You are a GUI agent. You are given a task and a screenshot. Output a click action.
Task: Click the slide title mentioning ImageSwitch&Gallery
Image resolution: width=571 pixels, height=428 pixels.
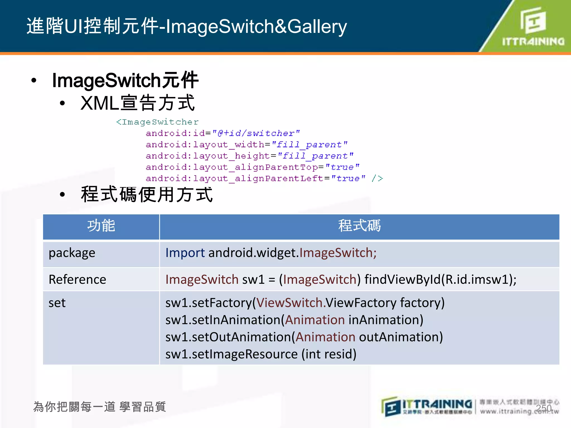tap(187, 26)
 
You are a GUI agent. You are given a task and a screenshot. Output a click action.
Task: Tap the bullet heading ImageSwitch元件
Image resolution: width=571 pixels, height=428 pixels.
tap(125, 80)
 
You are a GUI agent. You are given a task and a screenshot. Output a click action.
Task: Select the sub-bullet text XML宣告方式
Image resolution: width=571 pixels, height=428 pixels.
tap(137, 103)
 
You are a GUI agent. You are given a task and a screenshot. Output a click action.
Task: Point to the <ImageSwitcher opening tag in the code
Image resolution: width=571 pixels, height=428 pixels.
tap(157, 122)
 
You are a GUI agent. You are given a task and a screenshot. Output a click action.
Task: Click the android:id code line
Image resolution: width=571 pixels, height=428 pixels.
tap(222, 133)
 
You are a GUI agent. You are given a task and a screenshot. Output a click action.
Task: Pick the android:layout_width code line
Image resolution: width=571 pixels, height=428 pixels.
tap(246, 145)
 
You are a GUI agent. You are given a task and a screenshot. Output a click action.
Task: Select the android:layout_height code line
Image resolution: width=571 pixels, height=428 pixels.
tap(250, 156)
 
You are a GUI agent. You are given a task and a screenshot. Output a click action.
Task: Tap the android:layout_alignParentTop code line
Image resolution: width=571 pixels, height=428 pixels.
tap(253, 167)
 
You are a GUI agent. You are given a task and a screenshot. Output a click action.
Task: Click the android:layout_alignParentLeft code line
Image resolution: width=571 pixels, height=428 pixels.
tap(264, 178)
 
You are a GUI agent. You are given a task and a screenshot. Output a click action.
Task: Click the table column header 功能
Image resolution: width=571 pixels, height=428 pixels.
tap(101, 226)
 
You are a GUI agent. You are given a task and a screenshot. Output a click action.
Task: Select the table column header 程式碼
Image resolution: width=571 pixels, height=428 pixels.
tap(359, 226)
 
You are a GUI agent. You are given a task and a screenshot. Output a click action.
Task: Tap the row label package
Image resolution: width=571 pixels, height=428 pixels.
tap(72, 253)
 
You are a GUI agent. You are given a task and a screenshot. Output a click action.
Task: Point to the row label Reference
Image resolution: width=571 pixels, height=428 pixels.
tap(77, 279)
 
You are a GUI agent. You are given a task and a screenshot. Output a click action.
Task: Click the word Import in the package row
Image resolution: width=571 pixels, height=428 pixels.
tap(185, 253)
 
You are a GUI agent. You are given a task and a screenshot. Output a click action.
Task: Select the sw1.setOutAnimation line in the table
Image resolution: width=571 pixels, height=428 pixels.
tap(304, 337)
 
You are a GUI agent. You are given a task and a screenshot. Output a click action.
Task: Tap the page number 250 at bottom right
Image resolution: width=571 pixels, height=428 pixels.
tap(544, 408)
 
